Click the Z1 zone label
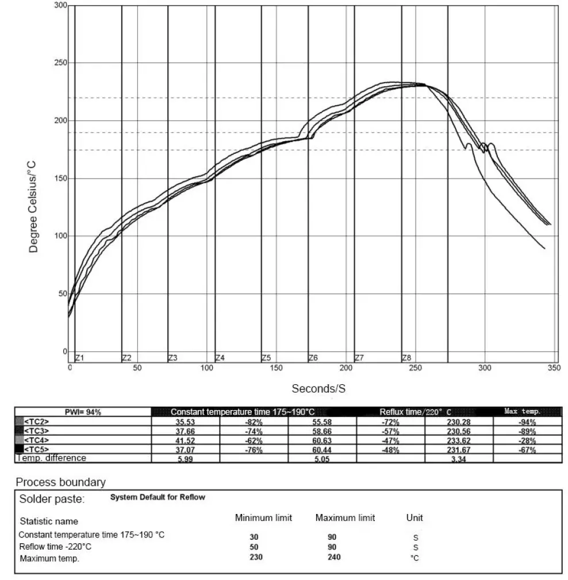click(80, 358)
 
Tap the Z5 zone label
click(266, 358)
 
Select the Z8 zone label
click(406, 358)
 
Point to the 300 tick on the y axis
click(60, 6)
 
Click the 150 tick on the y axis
click(60, 179)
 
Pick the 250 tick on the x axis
click(415, 368)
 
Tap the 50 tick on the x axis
click(137, 368)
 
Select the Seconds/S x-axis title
click(318, 389)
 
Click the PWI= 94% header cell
click(83, 412)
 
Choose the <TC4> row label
click(36, 440)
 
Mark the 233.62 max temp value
click(458, 440)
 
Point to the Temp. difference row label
click(51, 458)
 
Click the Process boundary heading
click(60, 482)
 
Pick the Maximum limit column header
click(345, 518)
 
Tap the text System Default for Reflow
click(158, 497)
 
